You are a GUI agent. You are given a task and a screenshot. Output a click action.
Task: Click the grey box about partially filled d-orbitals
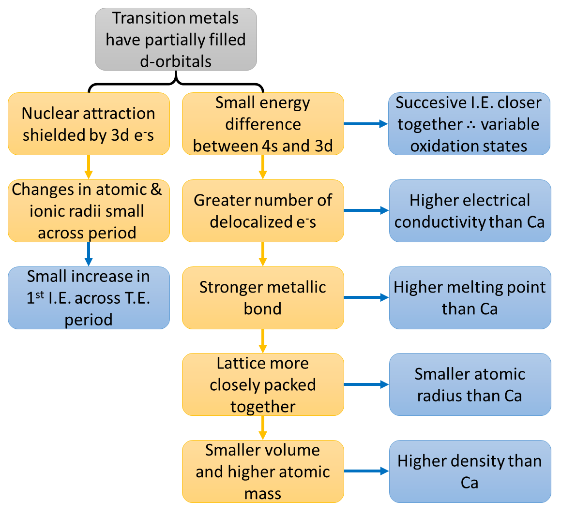point(176,39)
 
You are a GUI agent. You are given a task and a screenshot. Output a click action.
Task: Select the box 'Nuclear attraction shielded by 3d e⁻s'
point(89,124)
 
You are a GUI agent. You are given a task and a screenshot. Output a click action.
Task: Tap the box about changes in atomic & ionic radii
point(89,211)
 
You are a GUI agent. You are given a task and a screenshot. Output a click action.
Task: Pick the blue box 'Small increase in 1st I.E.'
point(89,297)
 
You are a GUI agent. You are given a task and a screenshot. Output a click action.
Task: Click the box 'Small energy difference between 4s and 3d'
point(263,124)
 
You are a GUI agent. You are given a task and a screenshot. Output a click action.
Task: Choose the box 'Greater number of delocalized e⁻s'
point(263,211)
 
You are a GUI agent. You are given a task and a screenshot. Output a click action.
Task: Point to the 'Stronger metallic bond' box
point(263,297)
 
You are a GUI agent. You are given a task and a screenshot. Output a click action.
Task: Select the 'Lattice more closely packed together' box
point(263,384)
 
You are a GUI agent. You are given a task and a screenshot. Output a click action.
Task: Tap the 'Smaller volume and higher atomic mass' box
point(263,471)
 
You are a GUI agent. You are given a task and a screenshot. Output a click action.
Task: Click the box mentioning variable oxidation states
point(470,124)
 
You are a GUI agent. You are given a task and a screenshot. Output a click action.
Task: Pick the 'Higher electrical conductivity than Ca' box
point(470,211)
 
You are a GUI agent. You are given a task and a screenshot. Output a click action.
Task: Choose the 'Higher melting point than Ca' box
point(470,297)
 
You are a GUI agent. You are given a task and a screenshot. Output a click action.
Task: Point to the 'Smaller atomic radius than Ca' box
point(470,384)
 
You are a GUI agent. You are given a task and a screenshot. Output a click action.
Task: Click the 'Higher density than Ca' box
point(470,471)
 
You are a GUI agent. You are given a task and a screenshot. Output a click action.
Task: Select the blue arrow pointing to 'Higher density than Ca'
point(366,471)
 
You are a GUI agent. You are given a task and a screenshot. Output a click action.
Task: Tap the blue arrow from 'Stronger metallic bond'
point(366,297)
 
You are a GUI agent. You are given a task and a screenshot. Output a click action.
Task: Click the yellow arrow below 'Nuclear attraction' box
point(89,167)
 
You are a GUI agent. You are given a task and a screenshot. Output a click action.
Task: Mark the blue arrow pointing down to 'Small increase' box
point(89,254)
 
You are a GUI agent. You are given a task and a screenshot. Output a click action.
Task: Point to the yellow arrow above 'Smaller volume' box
point(263,428)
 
